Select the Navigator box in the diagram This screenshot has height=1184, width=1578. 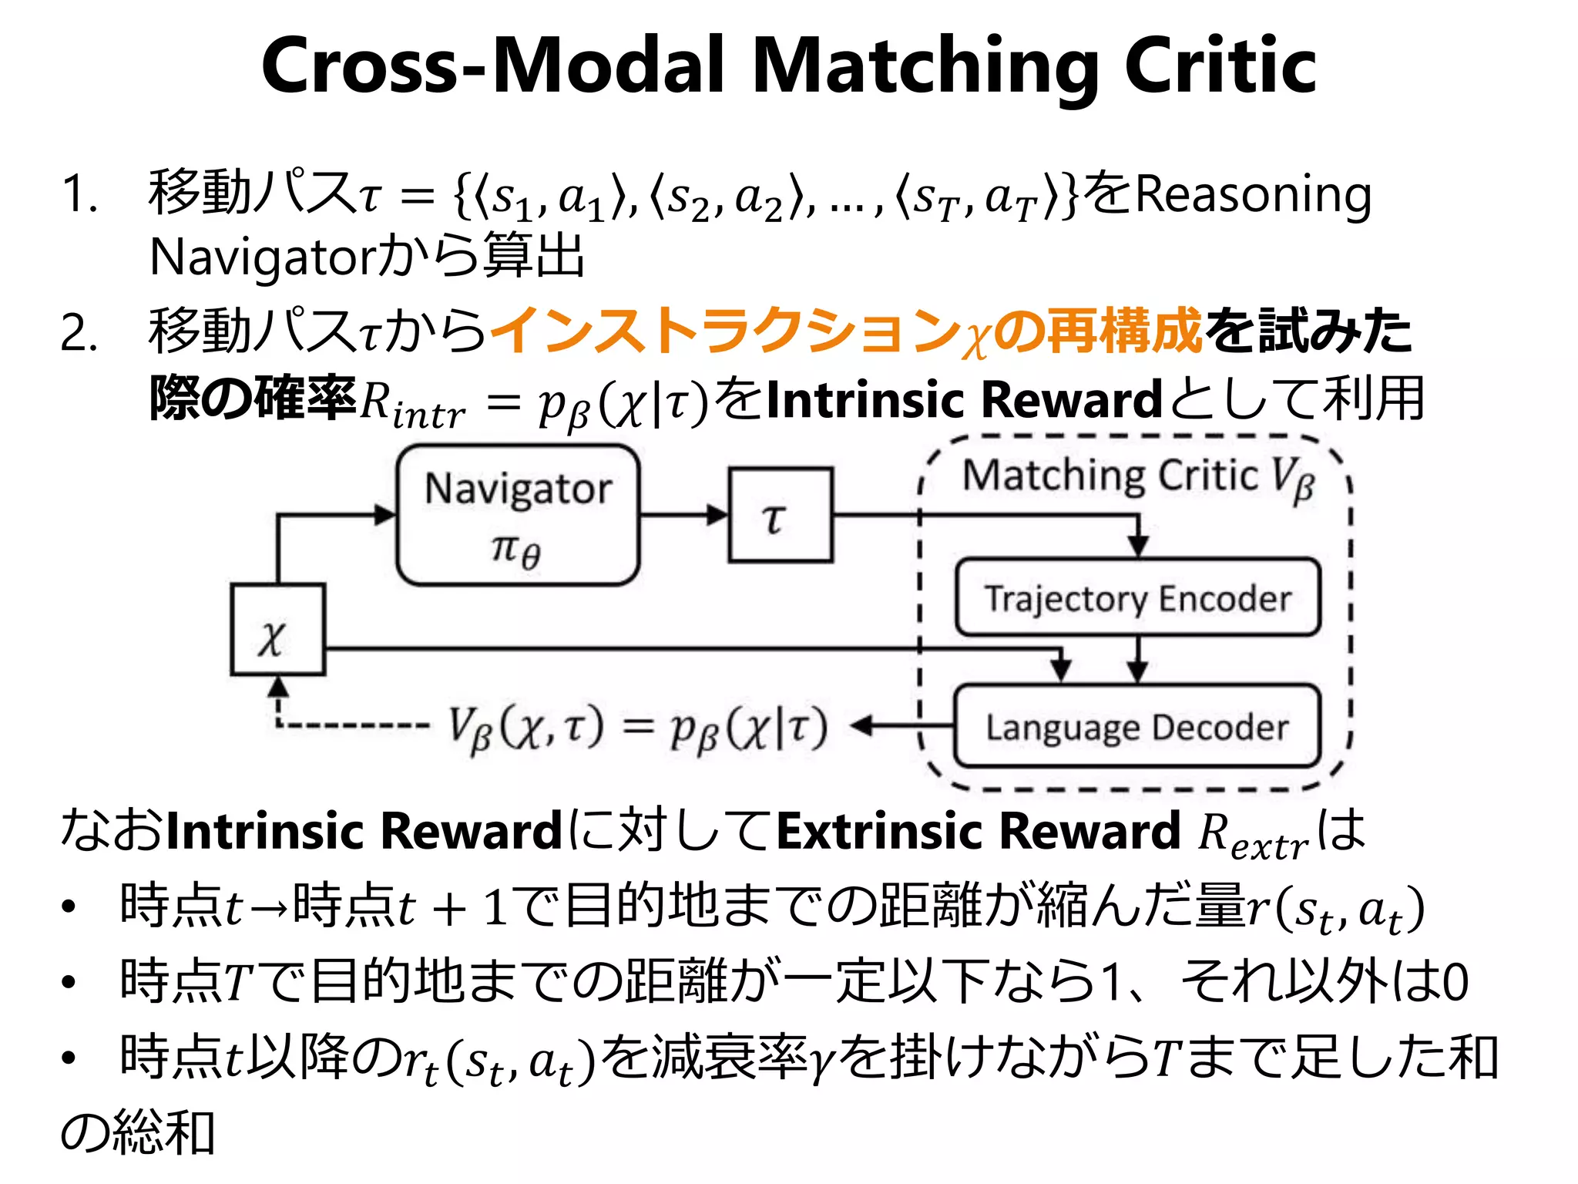point(518,515)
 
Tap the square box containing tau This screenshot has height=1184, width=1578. point(781,515)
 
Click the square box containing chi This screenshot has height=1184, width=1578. point(277,630)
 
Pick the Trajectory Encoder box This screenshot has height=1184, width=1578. point(1137,597)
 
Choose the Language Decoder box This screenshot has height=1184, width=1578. point(1137,726)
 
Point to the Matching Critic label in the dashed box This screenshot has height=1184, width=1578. point(1110,475)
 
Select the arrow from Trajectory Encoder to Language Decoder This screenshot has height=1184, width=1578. point(1138,660)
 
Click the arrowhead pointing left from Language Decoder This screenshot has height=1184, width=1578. point(863,725)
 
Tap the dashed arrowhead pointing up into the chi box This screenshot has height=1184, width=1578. point(277,686)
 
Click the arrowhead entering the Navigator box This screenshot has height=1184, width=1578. point(385,515)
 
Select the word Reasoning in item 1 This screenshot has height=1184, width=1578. point(1253,194)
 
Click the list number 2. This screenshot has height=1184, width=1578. point(79,335)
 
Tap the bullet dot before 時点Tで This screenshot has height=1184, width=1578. point(69,982)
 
